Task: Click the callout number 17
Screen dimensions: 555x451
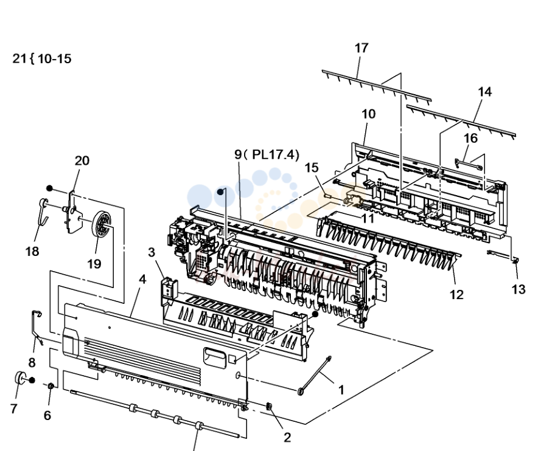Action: click(361, 48)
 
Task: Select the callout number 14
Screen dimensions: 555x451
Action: click(484, 92)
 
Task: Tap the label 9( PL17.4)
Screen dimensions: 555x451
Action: click(267, 154)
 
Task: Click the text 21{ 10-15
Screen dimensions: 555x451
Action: click(42, 58)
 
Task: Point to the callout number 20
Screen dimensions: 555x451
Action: click(82, 161)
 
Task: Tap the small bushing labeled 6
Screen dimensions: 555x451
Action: click(51, 386)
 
